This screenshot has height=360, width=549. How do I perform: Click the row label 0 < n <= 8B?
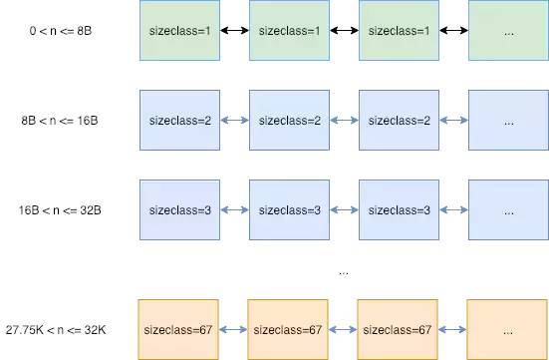click(61, 31)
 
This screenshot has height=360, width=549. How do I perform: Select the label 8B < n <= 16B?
click(61, 121)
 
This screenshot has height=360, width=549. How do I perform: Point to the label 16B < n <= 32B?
click(61, 210)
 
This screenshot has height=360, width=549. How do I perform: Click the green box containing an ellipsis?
click(508, 31)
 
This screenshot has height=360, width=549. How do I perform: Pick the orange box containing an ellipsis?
click(508, 329)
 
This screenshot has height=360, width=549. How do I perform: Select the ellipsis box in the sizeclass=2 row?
click(508, 121)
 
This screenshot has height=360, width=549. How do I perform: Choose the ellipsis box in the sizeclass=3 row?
click(508, 210)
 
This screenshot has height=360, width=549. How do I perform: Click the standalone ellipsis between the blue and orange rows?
click(344, 271)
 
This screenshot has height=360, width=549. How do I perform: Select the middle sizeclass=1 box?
click(289, 31)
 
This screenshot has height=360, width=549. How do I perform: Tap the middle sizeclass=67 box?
click(289, 329)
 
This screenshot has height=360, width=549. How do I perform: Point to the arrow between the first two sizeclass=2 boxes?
click(234, 121)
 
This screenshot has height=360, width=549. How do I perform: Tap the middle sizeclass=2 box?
click(289, 121)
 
